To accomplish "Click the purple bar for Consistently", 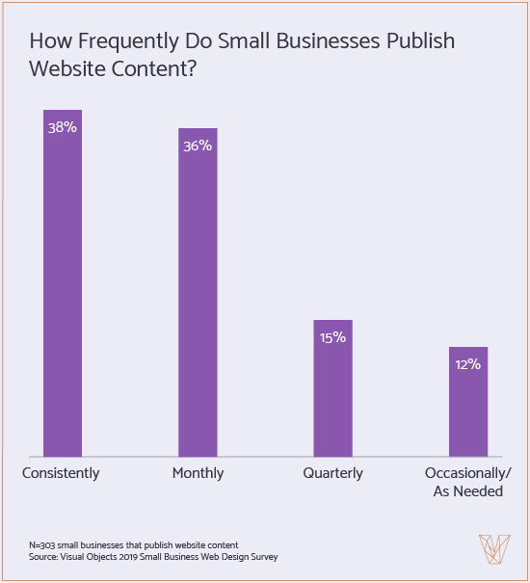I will point(62,289).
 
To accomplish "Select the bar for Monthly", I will point(198,299).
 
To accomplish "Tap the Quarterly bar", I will point(332,395).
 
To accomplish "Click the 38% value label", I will point(62,127).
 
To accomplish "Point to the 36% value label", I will point(198,146).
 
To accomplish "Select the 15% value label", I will point(332,337).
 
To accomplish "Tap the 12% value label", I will point(468,364).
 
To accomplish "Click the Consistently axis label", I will point(61,473).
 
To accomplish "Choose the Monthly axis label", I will point(198,473).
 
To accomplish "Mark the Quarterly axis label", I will point(332,473).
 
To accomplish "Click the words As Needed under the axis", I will point(468,491).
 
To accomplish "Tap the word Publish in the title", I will point(420,43).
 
